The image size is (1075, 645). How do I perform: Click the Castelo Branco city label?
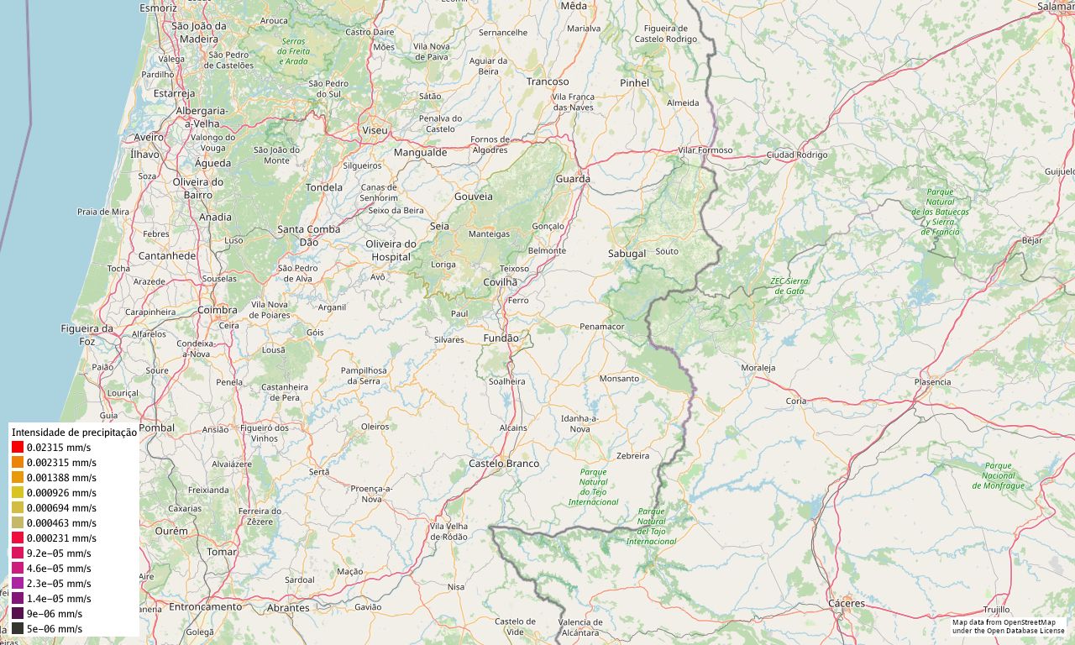(x=504, y=464)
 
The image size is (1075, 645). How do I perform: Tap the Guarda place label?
(x=573, y=179)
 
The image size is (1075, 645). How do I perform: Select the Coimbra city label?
(x=218, y=310)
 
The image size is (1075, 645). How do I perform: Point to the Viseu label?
(x=375, y=131)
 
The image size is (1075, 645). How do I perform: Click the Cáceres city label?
(x=846, y=604)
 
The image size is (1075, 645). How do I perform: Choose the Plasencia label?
(x=932, y=382)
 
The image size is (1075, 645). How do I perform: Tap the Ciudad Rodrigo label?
(x=797, y=155)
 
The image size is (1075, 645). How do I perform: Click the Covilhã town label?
(x=501, y=282)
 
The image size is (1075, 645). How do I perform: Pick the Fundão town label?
(x=501, y=338)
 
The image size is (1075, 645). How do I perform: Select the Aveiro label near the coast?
(x=149, y=137)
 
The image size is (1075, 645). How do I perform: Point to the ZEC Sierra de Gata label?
(x=789, y=286)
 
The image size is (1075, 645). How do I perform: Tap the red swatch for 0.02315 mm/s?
(x=18, y=448)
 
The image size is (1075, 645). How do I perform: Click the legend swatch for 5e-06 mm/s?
(x=18, y=629)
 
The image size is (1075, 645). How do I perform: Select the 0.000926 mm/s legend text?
(x=61, y=493)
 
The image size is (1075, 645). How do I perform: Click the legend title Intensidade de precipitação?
(x=74, y=432)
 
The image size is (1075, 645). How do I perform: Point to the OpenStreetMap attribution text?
(x=1009, y=627)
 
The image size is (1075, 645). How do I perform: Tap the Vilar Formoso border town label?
(x=705, y=150)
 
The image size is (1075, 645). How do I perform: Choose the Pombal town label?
(x=157, y=427)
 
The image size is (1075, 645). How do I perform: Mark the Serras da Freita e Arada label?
(x=294, y=51)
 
